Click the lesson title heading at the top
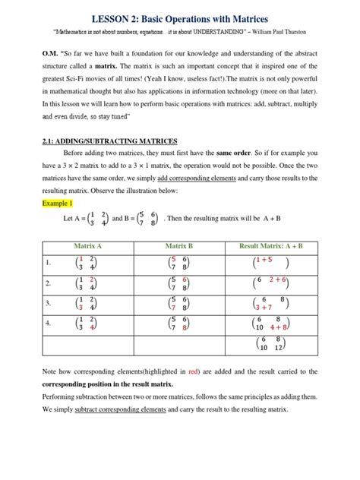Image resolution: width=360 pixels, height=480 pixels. (x=180, y=17)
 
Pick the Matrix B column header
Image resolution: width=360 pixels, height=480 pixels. (x=179, y=246)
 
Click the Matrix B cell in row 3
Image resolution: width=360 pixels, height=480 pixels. (x=179, y=303)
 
